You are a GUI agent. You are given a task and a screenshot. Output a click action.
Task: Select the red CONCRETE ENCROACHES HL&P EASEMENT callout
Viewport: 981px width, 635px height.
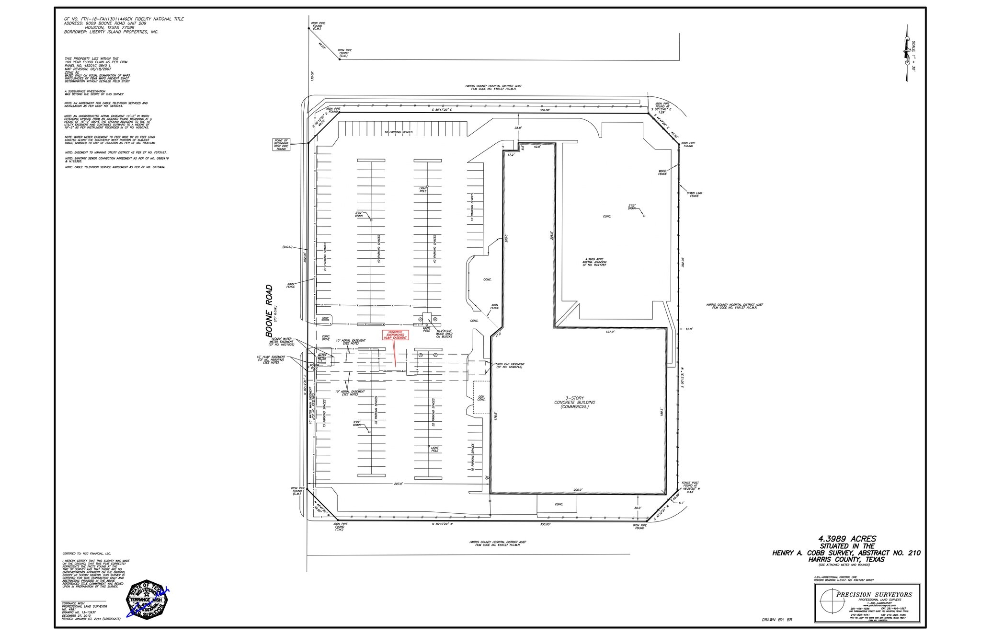(x=395, y=335)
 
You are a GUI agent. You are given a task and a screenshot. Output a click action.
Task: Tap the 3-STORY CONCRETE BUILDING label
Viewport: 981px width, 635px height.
(x=574, y=403)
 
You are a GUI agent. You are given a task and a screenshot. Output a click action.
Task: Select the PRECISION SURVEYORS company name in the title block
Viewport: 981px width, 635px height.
(x=874, y=595)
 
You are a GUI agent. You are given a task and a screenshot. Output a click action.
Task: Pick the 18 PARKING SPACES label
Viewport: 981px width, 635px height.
(x=398, y=132)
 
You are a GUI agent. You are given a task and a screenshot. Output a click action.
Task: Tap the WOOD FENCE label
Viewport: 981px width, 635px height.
(x=662, y=173)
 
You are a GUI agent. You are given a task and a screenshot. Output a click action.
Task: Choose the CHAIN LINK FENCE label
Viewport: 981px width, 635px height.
(x=694, y=195)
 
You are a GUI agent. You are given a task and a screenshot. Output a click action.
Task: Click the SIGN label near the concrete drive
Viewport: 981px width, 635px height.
(x=325, y=318)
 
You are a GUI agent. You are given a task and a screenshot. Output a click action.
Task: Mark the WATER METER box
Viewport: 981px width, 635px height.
(x=322, y=358)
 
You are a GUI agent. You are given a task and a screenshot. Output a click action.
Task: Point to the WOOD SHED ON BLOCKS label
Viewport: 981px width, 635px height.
(x=444, y=334)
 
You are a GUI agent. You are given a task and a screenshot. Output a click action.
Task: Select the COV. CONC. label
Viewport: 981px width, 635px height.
(x=481, y=398)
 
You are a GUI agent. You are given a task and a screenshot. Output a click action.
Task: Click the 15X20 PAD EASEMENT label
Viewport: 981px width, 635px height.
(x=509, y=366)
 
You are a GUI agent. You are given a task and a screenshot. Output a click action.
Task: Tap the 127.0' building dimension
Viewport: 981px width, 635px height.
(x=610, y=332)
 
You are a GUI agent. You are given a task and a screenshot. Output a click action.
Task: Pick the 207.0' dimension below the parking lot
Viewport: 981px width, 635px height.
(x=398, y=484)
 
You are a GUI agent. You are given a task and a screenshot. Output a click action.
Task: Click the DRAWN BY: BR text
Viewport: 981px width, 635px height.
(x=777, y=620)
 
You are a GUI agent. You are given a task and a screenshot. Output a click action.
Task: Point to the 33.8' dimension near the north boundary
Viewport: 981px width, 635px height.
(x=518, y=128)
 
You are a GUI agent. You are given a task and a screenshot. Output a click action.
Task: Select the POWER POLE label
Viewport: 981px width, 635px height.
(x=314, y=367)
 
